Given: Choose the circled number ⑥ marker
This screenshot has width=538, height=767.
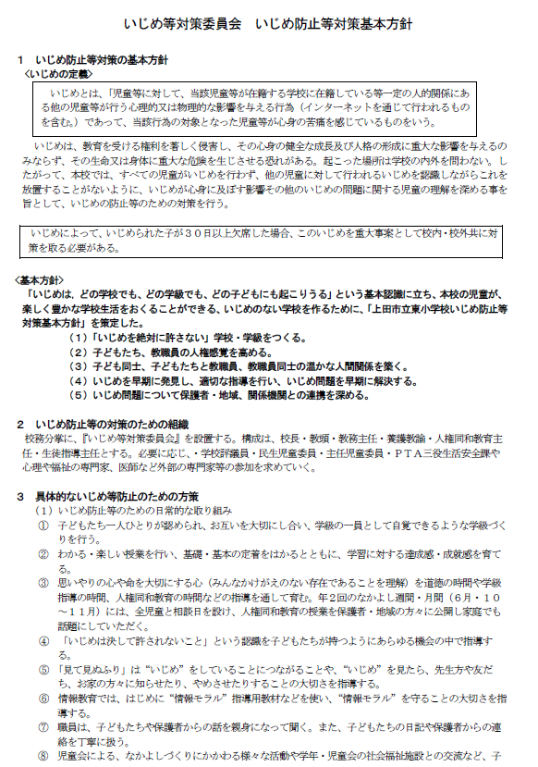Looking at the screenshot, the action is (43, 696).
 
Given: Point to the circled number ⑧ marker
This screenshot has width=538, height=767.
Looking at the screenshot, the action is (43, 754).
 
